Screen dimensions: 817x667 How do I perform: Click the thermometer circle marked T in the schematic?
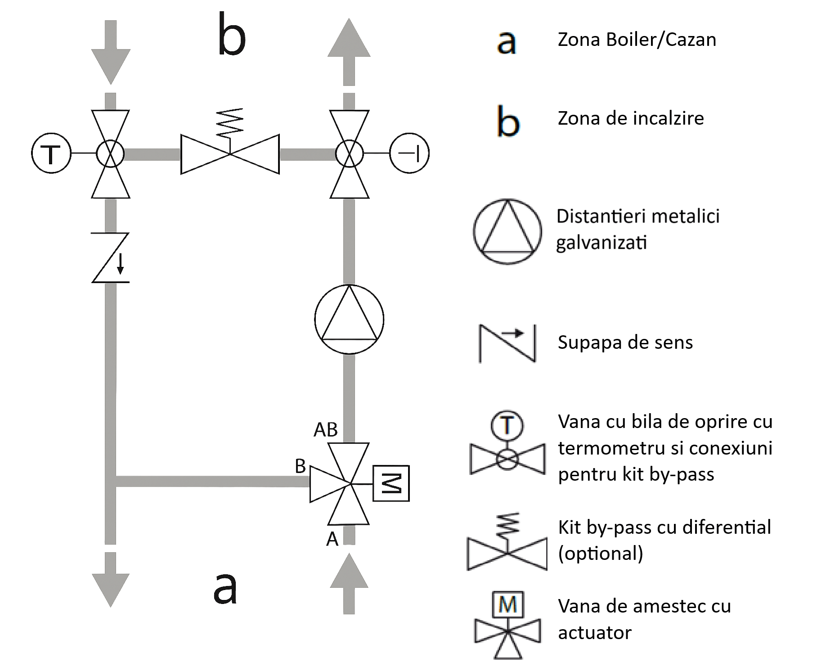(x=51, y=153)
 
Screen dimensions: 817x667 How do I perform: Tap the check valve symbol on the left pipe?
(x=111, y=257)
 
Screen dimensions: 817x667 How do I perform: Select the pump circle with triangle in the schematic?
(x=349, y=320)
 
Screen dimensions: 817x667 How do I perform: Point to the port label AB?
(x=326, y=430)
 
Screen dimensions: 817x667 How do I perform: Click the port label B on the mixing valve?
(x=300, y=466)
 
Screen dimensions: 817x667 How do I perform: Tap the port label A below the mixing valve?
(x=332, y=539)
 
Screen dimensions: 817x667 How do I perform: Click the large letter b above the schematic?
(x=232, y=35)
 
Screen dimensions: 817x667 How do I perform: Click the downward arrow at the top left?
(x=111, y=52)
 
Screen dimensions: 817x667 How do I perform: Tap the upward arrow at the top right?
(x=349, y=52)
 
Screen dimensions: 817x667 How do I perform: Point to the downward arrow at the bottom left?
(x=111, y=580)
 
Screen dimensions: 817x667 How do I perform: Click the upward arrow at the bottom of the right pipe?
(x=349, y=584)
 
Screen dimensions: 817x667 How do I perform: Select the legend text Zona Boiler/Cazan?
(x=637, y=40)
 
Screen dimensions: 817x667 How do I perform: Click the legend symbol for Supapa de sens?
(x=507, y=343)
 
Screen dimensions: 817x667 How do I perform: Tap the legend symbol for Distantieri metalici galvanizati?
(x=507, y=231)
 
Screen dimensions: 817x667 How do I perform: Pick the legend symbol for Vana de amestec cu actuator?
(x=508, y=625)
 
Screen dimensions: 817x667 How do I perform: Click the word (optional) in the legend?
(x=601, y=554)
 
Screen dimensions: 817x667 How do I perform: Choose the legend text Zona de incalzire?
(x=631, y=118)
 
